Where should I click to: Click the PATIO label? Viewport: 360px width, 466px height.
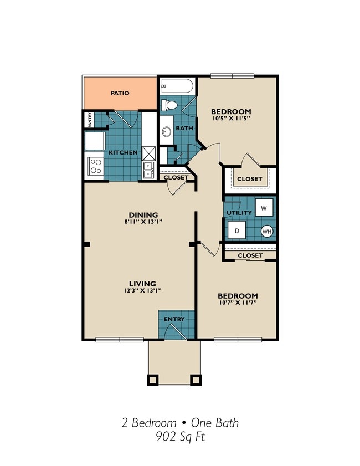click(x=120, y=93)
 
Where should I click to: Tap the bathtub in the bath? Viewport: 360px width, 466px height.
click(x=177, y=86)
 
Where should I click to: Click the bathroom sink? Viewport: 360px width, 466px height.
click(x=166, y=132)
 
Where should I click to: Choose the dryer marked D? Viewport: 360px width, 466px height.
click(x=235, y=230)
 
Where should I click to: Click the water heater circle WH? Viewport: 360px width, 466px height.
click(x=267, y=232)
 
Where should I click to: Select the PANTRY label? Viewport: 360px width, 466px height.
click(x=90, y=119)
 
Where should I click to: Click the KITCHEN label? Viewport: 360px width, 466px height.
click(x=122, y=152)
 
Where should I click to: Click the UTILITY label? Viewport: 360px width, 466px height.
click(x=239, y=213)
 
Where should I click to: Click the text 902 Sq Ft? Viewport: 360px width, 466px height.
click(x=180, y=436)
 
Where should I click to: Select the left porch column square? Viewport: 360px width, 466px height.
click(x=153, y=380)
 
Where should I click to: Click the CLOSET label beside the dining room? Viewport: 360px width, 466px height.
click(x=176, y=177)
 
